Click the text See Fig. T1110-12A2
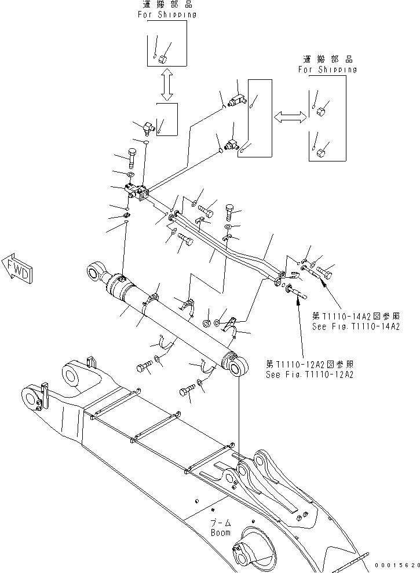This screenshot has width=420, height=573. (x=309, y=374)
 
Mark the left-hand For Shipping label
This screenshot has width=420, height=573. (x=166, y=14)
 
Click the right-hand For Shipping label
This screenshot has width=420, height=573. (x=327, y=69)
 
